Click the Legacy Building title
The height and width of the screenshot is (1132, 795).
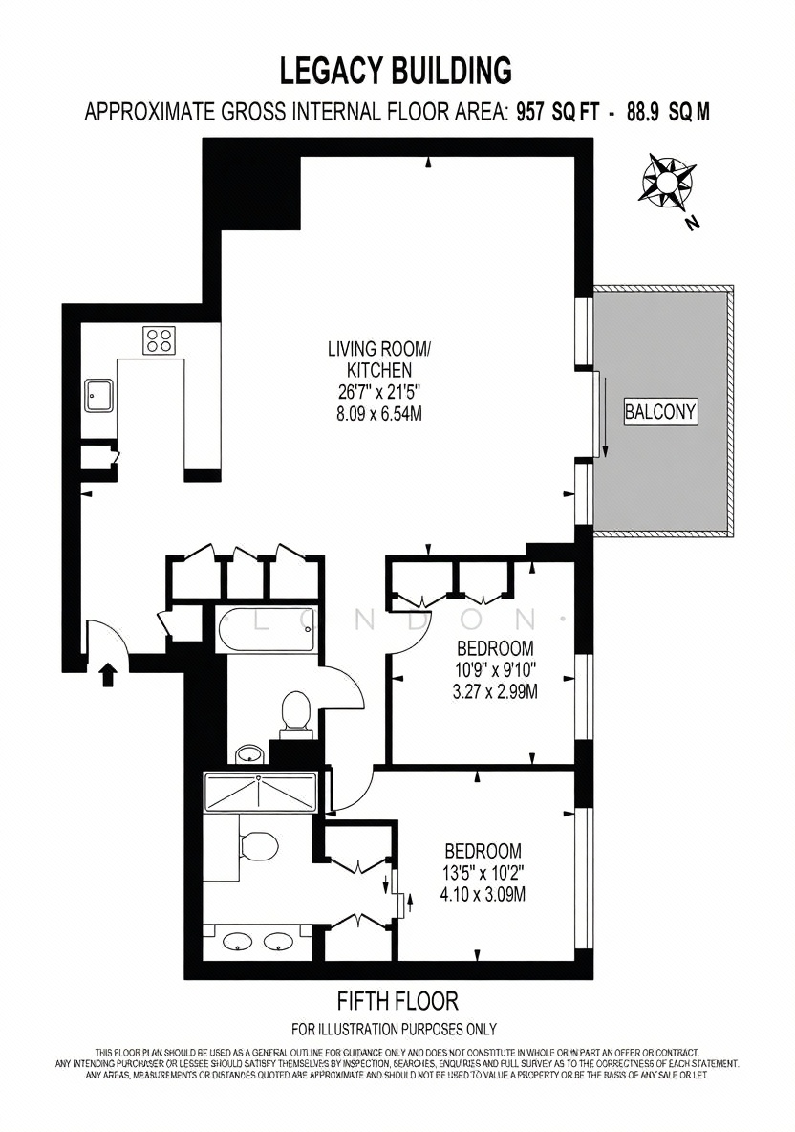pyautogui.click(x=396, y=71)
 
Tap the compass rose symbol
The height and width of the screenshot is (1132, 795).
pyautogui.click(x=668, y=179)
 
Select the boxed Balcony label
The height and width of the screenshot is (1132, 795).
pyautogui.click(x=661, y=412)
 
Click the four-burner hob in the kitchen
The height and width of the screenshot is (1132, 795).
pyautogui.click(x=160, y=339)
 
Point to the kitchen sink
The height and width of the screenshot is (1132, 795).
pyautogui.click(x=98, y=396)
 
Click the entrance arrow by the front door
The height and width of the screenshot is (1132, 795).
pyautogui.click(x=107, y=674)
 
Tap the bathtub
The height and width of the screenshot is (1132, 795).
pyautogui.click(x=267, y=630)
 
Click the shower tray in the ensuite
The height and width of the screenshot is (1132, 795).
pyautogui.click(x=260, y=792)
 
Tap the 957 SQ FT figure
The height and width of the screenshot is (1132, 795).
pyautogui.click(x=556, y=113)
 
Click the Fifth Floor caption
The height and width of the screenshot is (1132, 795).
pyautogui.click(x=397, y=1001)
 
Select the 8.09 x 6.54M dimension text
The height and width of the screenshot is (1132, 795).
pyautogui.click(x=378, y=414)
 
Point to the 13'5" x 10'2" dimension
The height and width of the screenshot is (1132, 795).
pyautogui.click(x=483, y=872)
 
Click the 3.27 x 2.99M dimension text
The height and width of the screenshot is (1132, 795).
pyautogui.click(x=495, y=691)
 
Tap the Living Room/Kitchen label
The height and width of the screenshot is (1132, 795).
pyautogui.click(x=378, y=359)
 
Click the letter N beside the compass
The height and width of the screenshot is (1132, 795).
pyautogui.click(x=693, y=223)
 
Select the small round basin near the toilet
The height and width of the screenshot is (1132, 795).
pyautogui.click(x=249, y=753)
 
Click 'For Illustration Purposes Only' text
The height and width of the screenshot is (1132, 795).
pyautogui.click(x=394, y=1029)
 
